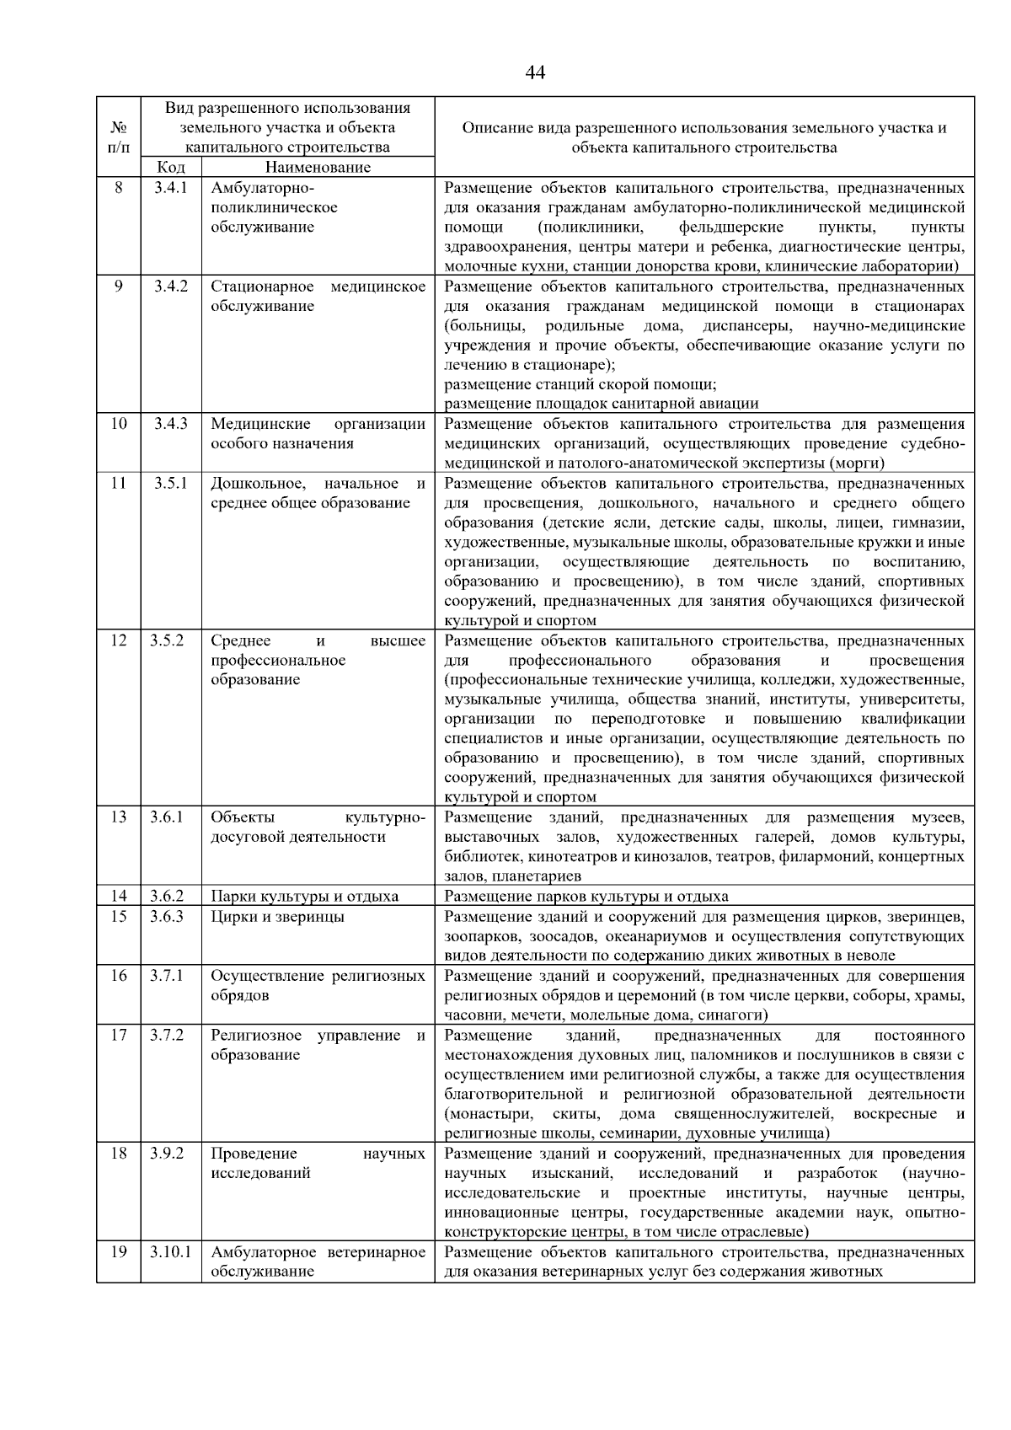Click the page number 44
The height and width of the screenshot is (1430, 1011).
(x=535, y=72)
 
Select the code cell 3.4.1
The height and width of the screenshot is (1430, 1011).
(x=170, y=188)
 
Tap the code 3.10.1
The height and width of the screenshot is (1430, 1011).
(x=170, y=1252)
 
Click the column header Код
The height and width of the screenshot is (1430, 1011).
(x=171, y=167)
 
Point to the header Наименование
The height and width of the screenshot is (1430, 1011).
(x=318, y=167)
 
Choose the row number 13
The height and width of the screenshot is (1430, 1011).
(x=119, y=817)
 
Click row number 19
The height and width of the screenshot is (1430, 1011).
(x=119, y=1252)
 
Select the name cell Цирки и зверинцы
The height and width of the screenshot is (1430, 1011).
(x=277, y=917)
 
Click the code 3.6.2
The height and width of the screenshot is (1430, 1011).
(x=167, y=896)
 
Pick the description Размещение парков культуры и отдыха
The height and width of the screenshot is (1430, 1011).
(x=586, y=896)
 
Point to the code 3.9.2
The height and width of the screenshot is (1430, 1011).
(x=167, y=1154)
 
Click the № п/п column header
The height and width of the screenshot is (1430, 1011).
(x=119, y=137)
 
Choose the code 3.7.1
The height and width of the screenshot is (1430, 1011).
(x=167, y=976)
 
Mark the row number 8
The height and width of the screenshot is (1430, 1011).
(x=119, y=188)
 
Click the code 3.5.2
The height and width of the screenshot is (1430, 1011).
(x=167, y=640)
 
